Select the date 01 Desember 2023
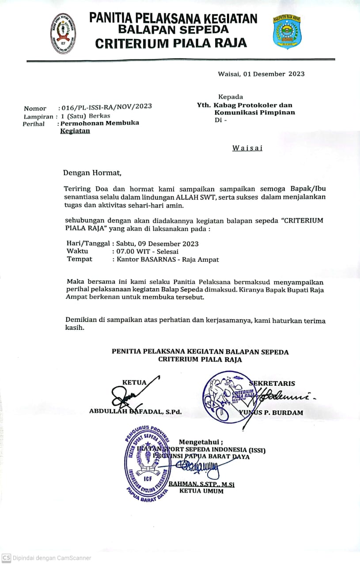pyautogui.click(x=273, y=74)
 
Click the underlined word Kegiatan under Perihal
pyautogui.click(x=75, y=131)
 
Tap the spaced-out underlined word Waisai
pyautogui.click(x=247, y=148)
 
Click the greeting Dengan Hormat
pyautogui.click(x=91, y=173)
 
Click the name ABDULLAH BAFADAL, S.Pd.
pyautogui.click(x=135, y=412)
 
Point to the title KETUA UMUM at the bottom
pyautogui.click(x=201, y=491)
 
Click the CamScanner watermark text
pyautogui.click(x=52, y=558)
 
